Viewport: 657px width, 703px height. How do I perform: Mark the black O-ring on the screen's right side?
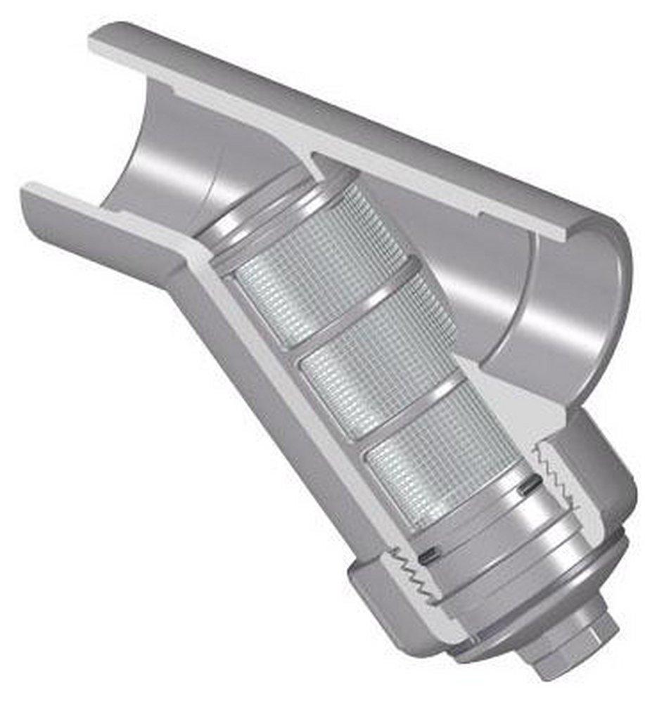[x=532, y=484]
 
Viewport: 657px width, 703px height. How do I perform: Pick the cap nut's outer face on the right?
[x=605, y=478]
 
